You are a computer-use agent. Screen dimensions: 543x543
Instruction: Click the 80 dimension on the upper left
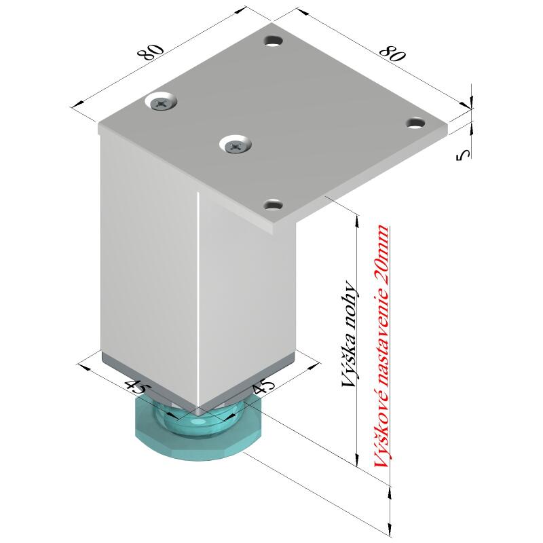click(x=151, y=52)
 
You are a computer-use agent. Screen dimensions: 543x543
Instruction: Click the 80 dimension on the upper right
click(x=392, y=53)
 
